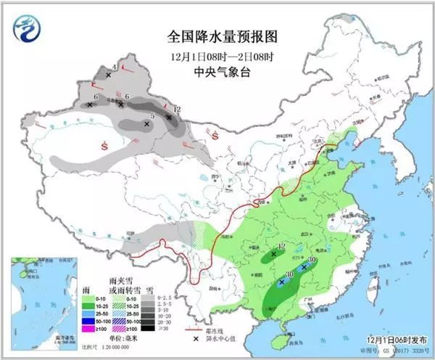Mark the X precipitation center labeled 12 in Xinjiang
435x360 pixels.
coord(169,117)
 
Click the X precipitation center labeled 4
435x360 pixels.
coord(109,75)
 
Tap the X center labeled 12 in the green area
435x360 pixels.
coord(274,254)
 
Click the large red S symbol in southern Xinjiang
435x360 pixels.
coord(106,146)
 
